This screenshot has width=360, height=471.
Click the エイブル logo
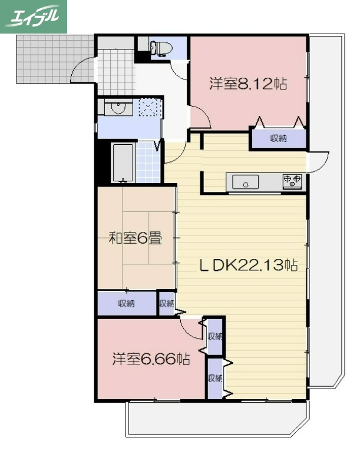point(34,16)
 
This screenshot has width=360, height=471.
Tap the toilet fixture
point(160,48)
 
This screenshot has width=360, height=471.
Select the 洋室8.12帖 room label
point(248,84)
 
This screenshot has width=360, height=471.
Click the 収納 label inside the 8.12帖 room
point(278,138)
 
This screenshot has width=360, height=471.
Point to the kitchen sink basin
point(245,183)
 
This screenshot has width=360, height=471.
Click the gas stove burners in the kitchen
point(292,181)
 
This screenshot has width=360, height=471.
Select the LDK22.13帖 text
point(247,266)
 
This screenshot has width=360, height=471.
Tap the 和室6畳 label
point(136,238)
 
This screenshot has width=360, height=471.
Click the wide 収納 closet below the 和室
point(126,304)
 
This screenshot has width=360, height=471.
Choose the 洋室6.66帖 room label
point(151,359)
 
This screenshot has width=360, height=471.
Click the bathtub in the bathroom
point(123,162)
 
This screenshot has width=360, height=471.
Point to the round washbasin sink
point(120,108)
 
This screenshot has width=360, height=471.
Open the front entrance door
point(82,69)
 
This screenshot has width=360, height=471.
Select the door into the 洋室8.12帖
point(200,118)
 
